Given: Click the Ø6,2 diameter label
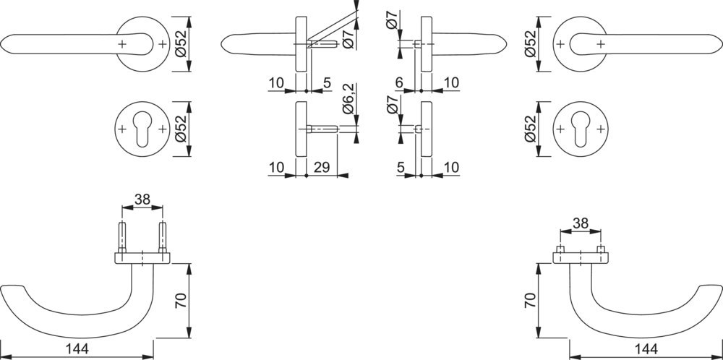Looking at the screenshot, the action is tap(349, 99).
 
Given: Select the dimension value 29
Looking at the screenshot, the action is tap(322, 167).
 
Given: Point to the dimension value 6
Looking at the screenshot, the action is tap(399, 82).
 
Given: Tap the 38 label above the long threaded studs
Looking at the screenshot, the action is tap(142, 199).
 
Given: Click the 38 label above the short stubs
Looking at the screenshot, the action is tap(581, 223).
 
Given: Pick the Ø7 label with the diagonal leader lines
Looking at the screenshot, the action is tap(349, 38).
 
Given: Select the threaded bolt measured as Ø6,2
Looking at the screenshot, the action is tap(322, 129).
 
